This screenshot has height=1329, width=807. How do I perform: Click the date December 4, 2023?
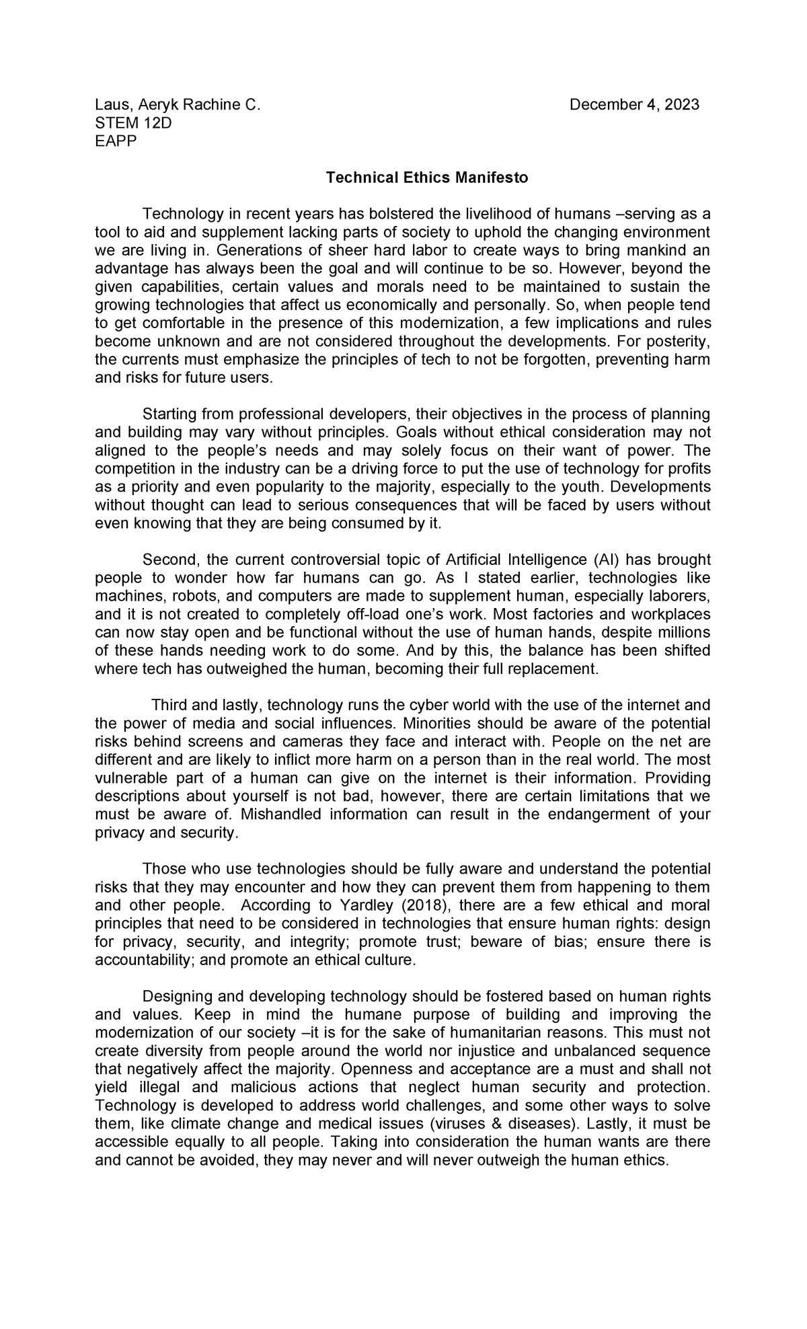[634, 105]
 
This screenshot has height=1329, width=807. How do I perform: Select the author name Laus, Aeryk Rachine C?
[177, 105]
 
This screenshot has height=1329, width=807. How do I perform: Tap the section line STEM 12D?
[133, 123]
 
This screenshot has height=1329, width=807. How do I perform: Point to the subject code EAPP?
[116, 141]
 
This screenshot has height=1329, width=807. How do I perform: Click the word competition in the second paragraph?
[133, 468]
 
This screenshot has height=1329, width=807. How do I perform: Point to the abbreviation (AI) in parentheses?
[606, 560]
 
